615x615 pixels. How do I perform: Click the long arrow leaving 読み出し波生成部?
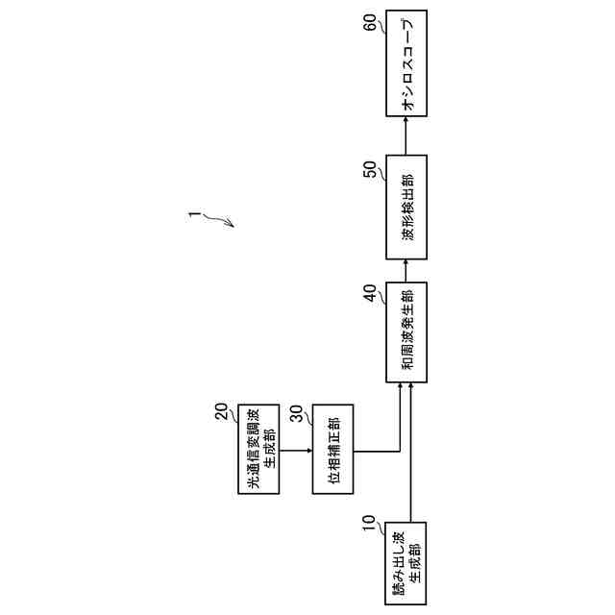(x=410, y=452)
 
